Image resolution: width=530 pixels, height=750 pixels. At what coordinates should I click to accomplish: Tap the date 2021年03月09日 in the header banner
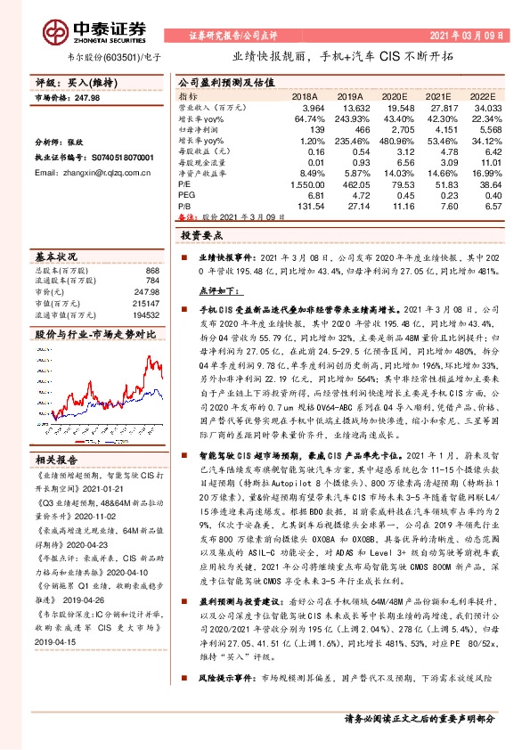pyautogui.click(x=467, y=36)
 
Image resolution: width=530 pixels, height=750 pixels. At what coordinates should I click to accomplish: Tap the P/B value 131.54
pyautogui.click(x=309, y=206)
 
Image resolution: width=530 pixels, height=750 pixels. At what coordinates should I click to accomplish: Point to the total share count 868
pyautogui.click(x=151, y=271)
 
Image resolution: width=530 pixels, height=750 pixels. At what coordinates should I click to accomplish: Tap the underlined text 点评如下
pyautogui.click(x=216, y=290)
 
